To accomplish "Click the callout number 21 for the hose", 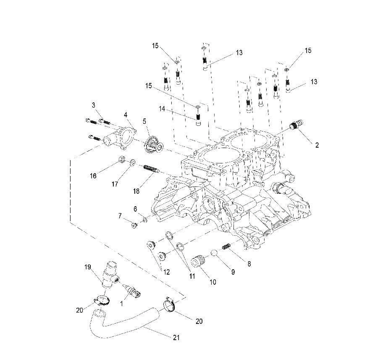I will pyautogui.click(x=176, y=338).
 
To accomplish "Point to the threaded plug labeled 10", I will pyautogui.click(x=198, y=262).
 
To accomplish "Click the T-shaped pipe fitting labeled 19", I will pyautogui.click(x=110, y=275).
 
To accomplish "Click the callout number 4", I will pyautogui.click(x=125, y=115).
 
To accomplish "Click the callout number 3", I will pyautogui.click(x=94, y=105).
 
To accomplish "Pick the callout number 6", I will pyautogui.click(x=135, y=209).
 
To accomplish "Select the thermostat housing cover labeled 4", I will pyautogui.click(x=122, y=136).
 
